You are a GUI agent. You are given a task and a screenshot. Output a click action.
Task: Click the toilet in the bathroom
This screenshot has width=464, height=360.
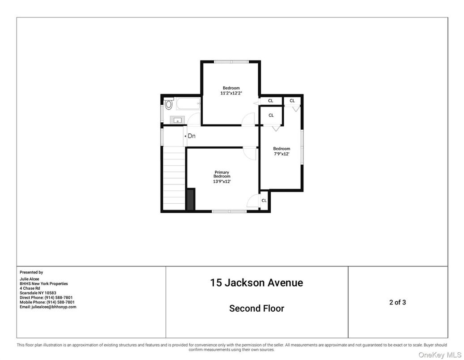(x=168, y=104)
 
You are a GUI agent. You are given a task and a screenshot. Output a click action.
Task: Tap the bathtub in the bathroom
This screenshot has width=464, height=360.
(x=187, y=105)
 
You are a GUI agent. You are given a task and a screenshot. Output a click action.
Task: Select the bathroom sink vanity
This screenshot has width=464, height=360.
(x=178, y=120)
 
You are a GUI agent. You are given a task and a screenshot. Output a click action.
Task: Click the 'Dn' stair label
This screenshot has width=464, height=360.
(x=192, y=136)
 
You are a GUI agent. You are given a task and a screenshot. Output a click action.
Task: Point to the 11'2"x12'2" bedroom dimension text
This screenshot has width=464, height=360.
(x=231, y=93)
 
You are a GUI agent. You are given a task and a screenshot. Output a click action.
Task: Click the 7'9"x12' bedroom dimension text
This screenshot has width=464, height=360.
(x=281, y=154)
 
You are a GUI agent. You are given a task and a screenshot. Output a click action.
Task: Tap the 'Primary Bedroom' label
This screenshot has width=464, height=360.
(x=222, y=174)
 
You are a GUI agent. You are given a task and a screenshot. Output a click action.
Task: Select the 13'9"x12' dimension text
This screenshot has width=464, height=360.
(x=222, y=181)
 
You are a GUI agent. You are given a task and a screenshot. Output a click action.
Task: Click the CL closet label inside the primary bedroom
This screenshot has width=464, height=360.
(x=264, y=201)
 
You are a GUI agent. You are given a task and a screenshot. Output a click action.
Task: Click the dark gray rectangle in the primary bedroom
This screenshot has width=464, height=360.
(x=191, y=199)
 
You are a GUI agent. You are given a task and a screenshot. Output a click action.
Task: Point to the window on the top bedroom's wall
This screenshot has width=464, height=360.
(x=231, y=62)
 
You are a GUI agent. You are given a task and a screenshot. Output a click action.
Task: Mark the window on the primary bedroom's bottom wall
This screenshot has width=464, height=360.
(x=229, y=211)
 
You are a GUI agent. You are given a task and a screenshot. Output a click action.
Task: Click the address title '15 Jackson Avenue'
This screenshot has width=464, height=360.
(x=256, y=283)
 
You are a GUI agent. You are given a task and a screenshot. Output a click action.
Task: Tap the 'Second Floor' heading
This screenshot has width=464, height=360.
(x=256, y=308)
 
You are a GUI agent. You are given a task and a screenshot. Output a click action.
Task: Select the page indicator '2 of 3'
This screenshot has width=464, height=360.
(x=397, y=302)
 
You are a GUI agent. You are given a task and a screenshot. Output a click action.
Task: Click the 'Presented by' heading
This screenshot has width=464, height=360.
(x=31, y=272)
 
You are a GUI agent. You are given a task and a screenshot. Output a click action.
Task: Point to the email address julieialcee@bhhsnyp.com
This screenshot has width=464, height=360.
(x=48, y=307)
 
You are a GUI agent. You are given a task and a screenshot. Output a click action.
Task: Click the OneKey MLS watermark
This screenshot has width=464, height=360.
(x=439, y=355)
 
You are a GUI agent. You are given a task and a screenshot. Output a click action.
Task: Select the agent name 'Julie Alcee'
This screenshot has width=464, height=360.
(x=29, y=279)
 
